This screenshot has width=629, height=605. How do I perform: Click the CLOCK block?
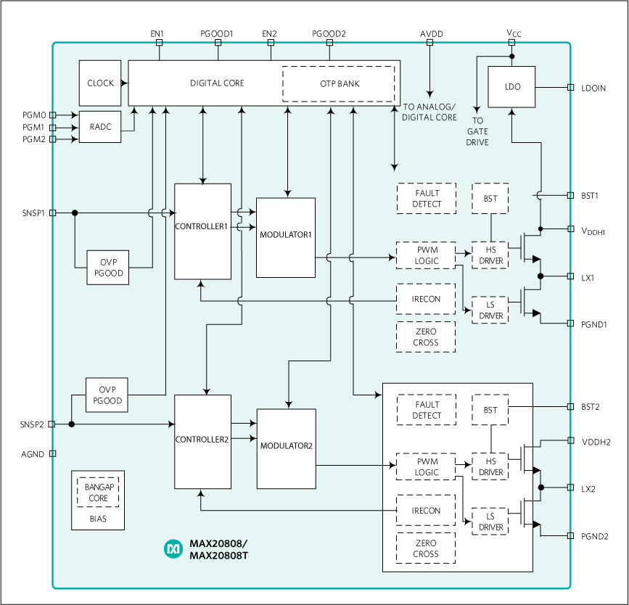tap(100, 83)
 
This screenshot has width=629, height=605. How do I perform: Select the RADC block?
tap(100, 127)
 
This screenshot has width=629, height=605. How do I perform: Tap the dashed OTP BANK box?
tap(339, 83)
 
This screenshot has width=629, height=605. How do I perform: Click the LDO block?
tap(512, 87)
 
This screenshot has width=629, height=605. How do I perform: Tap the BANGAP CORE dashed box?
tap(97, 493)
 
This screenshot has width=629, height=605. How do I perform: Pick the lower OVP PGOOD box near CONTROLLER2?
tap(107, 395)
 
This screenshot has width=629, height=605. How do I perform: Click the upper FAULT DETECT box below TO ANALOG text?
tap(427, 198)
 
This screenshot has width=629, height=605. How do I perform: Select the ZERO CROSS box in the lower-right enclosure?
tap(426, 548)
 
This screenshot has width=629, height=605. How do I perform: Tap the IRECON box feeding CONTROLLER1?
tap(426, 299)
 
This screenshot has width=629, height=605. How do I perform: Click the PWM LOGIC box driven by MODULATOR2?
tap(426, 466)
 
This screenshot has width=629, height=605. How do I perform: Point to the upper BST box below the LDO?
tap(490, 198)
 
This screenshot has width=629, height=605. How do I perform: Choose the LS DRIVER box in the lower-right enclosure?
tap(490, 522)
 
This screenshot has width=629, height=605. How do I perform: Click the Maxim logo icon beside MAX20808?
tap(173, 549)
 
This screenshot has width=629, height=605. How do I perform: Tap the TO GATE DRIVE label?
tap(477, 131)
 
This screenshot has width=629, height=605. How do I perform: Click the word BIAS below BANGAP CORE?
tap(97, 519)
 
